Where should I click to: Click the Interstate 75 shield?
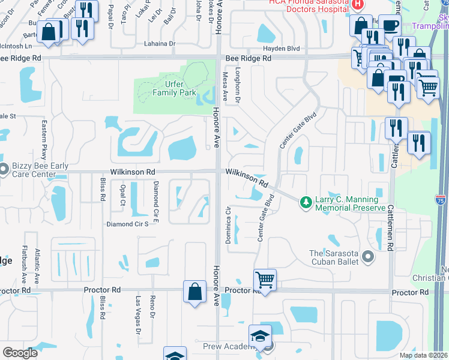441,200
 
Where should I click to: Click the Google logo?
20,353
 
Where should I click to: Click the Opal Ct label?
122,193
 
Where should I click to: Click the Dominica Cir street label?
228,225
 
